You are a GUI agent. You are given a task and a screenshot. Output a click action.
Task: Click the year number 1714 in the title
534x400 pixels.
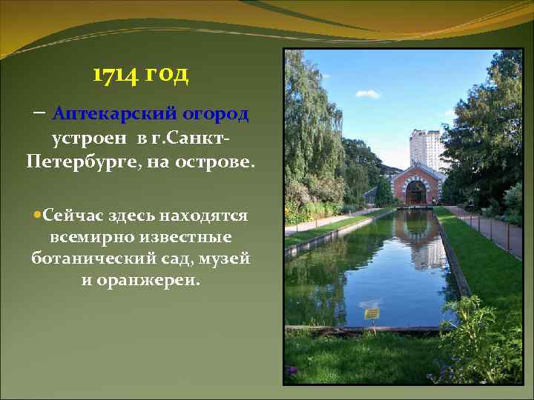[x=115, y=75]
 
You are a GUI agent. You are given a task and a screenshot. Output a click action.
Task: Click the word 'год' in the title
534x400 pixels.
[x=167, y=75]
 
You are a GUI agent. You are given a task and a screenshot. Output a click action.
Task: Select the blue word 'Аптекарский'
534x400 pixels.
[x=116, y=115]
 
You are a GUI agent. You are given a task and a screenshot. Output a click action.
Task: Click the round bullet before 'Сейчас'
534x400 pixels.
[x=37, y=216]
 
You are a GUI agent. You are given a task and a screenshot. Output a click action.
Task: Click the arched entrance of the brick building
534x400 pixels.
[x=416, y=193]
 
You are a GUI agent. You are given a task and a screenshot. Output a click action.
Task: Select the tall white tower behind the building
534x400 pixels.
[x=426, y=148]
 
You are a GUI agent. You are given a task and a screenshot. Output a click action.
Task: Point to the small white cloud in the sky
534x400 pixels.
[x=368, y=94]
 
